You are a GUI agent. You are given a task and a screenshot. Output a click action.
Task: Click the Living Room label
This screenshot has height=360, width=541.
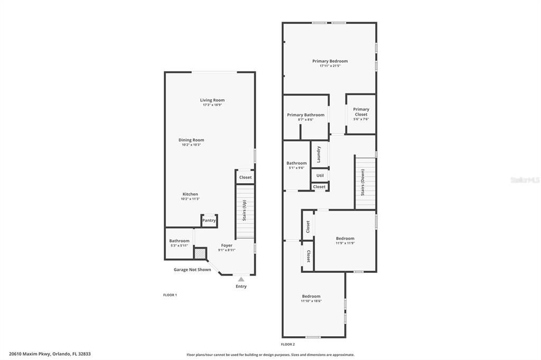212,100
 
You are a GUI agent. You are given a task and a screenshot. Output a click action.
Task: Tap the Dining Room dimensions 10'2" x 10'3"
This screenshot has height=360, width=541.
191,145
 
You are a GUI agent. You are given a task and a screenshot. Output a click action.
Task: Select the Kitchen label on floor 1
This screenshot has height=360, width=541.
190,194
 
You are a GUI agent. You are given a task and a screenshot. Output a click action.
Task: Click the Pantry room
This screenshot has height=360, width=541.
209,220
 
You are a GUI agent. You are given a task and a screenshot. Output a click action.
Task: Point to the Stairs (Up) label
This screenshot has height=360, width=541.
244,211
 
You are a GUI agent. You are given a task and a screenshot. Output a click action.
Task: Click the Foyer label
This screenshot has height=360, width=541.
227,245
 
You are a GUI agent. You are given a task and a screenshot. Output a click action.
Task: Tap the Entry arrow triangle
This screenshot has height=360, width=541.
241,279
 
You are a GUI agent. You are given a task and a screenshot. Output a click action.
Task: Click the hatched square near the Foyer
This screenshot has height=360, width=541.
200,253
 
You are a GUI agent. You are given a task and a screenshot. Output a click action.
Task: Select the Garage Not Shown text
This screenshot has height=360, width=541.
192,270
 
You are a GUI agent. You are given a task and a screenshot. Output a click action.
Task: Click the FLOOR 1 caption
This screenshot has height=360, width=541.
170,295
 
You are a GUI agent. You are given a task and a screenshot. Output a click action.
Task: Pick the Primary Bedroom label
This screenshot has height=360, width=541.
330,61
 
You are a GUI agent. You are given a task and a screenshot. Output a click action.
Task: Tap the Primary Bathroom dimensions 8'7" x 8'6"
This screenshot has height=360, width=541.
305,120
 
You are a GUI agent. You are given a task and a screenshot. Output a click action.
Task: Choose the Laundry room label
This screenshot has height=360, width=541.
319,154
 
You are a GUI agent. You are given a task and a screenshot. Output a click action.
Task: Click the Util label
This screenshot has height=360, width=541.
320,176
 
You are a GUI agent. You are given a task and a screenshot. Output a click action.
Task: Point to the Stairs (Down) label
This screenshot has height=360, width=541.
363,183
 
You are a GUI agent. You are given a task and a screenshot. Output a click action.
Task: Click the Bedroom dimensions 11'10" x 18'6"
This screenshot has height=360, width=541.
311,301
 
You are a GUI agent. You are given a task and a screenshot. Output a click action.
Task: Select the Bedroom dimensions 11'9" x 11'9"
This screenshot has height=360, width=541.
345,243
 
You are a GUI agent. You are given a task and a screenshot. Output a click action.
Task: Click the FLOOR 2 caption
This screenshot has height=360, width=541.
288,344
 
